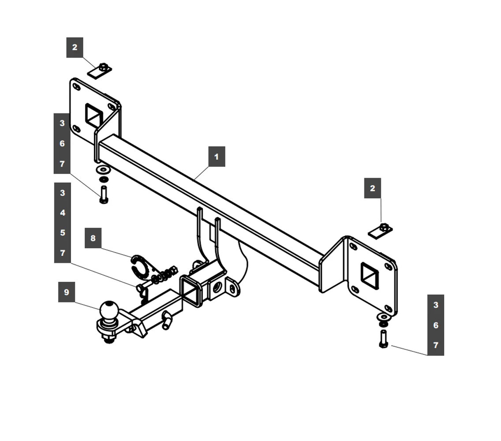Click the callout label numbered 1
point(217,157)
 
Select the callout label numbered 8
point(93,238)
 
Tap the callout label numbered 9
point(67,292)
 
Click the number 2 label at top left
point(75,47)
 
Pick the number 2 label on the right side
point(373,188)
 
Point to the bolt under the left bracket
point(104,194)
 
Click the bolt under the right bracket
point(383,339)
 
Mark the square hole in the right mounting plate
point(370,276)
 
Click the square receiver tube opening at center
point(191,291)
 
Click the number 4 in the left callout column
point(63,213)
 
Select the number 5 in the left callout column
point(63,233)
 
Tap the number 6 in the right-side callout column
point(436,325)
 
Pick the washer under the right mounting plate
point(383,317)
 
